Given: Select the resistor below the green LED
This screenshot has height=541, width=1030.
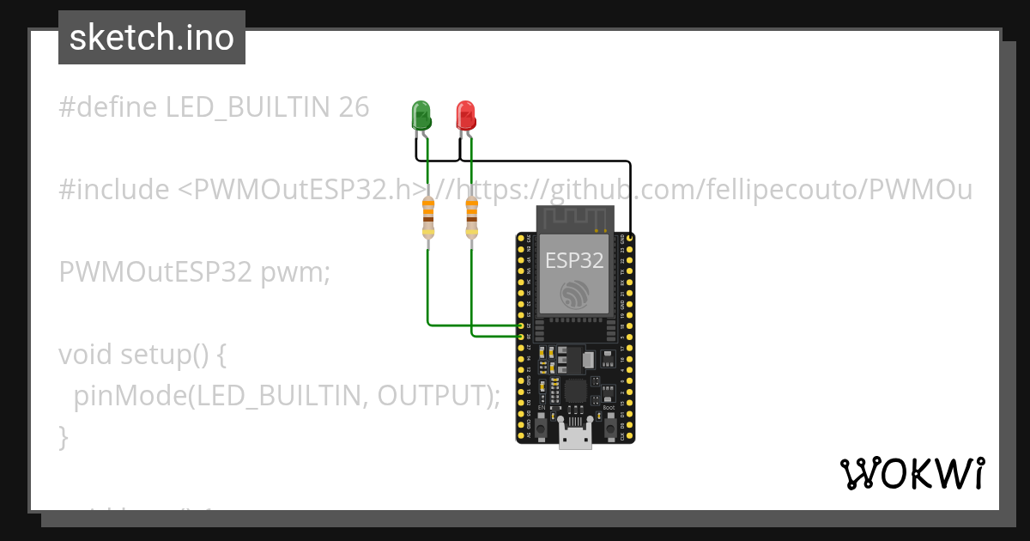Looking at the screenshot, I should pos(427,218).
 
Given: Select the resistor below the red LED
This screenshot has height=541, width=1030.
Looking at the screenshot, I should pos(471,218).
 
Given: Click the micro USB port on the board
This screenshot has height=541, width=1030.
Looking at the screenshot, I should pos(575,436).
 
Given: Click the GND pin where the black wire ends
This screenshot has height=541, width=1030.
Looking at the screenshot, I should pos(630,237).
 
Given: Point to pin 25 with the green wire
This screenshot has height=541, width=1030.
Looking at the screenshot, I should pos(520,326).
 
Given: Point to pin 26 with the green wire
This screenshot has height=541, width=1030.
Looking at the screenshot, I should pos(520,337).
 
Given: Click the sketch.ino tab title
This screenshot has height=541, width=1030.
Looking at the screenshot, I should pos(152,38).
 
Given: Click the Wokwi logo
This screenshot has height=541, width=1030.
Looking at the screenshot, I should pos(912,474).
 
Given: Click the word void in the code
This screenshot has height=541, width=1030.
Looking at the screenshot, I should pos(85,354).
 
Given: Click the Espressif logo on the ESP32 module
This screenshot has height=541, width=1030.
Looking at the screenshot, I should pos(574,294).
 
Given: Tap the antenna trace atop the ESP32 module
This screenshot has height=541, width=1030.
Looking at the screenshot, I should pos(575,219).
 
